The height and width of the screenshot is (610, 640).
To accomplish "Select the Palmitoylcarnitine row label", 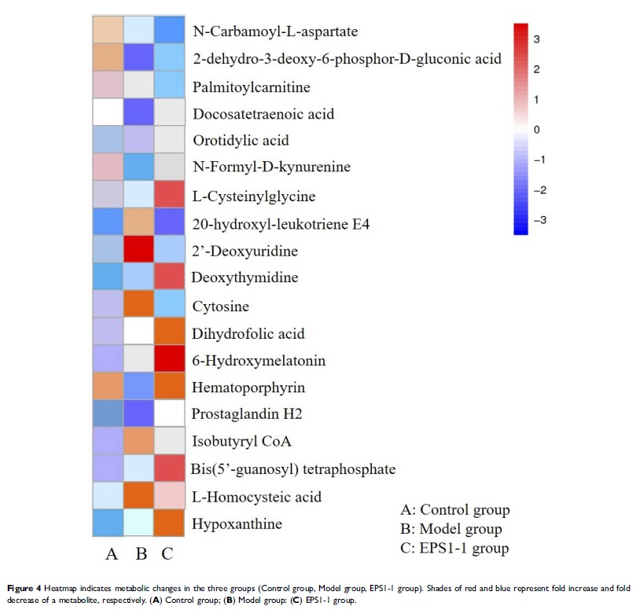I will [x=252, y=86].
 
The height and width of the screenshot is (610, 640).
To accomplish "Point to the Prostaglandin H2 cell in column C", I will [x=168, y=413].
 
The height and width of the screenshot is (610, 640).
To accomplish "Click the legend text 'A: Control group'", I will [x=455, y=510].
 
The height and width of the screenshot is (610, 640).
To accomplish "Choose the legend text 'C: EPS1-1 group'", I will [x=454, y=548].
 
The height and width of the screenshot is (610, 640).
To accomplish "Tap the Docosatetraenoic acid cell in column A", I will [x=112, y=113].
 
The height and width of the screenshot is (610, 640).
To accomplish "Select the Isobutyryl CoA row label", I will [x=242, y=442].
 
